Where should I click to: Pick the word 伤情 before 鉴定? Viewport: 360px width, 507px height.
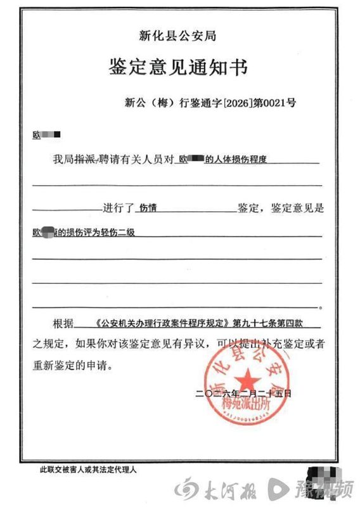coord(148,207)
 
